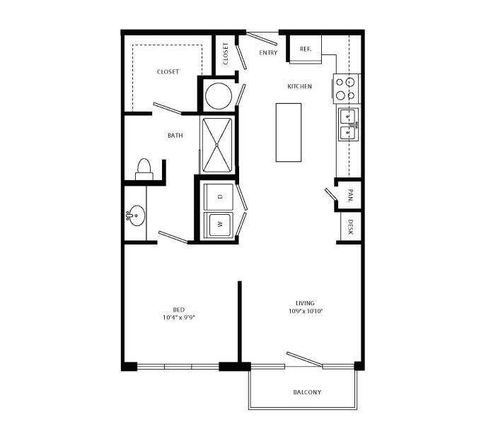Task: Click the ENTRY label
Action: [268, 53]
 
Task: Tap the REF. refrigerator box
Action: [306, 49]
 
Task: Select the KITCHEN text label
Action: [299, 86]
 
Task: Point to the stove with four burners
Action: [346, 88]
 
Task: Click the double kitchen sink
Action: [348, 124]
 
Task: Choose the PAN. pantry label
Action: [350, 193]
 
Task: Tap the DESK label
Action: [350, 227]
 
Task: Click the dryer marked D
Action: [219, 196]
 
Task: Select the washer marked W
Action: [219, 225]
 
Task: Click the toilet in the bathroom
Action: [144, 168]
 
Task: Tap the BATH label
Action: [175, 135]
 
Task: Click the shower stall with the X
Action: [218, 145]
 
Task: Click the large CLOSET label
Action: [168, 71]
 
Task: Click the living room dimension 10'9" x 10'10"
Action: [305, 311]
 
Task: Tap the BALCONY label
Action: [307, 392]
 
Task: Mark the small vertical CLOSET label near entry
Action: [226, 54]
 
